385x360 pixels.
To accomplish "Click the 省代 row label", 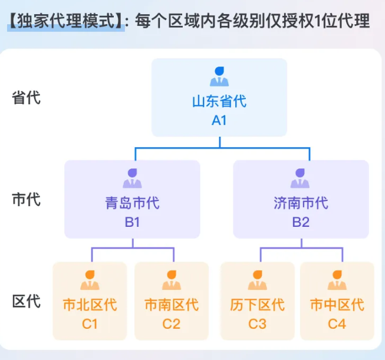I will point(27,97).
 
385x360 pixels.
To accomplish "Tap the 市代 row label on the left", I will point(27,199).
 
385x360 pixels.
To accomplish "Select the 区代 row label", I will point(27,302).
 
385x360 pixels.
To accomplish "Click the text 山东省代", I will point(219,101).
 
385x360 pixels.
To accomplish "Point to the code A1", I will point(219,120).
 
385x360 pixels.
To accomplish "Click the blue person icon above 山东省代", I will point(219,77).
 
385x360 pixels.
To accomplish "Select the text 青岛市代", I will point(133,204).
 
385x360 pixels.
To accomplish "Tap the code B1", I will point(133,223).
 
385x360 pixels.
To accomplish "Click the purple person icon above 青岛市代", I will point(133,179).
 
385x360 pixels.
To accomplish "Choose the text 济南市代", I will point(301,204).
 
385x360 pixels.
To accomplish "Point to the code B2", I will point(301,223).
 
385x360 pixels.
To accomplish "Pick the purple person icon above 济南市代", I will point(301,179).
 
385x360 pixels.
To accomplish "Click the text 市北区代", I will point(90,305).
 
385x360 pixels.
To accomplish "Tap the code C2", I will point(172,323).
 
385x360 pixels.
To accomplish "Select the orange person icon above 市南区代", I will point(172,280).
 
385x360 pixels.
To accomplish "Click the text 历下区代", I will point(257,305).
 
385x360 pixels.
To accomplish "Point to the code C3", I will point(257,323).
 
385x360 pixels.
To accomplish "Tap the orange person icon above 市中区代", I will point(337,280).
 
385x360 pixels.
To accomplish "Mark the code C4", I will point(337,323).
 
